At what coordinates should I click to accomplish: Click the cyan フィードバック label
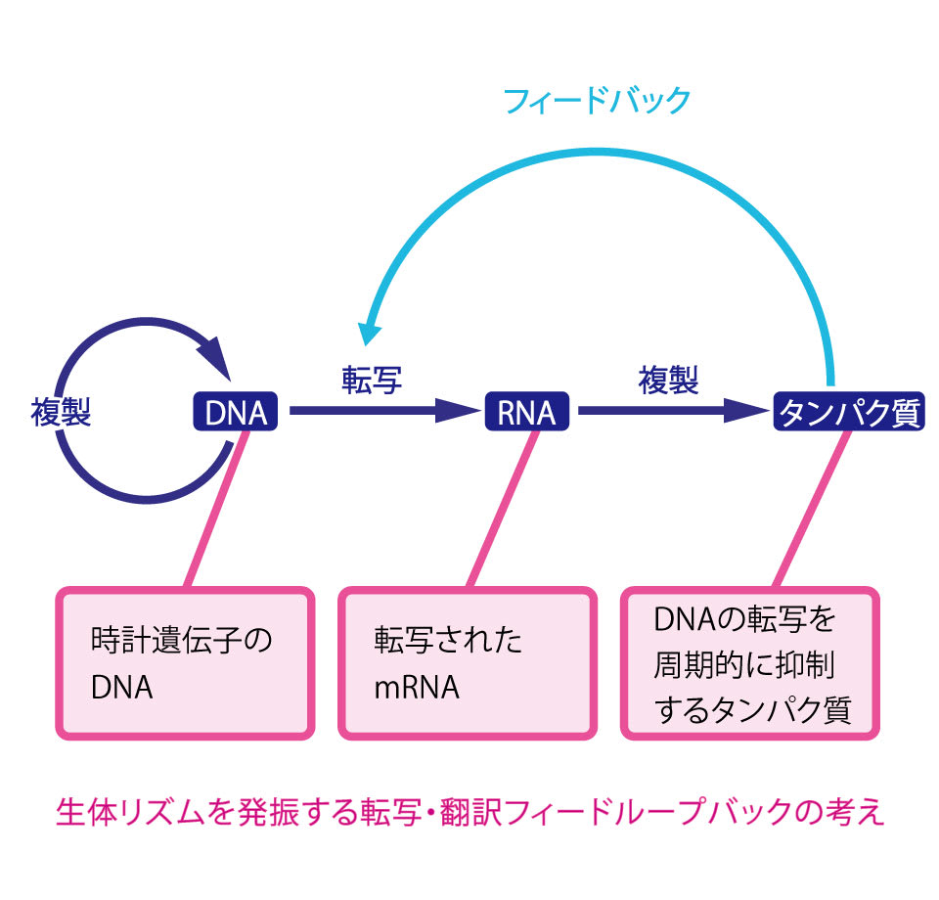596,101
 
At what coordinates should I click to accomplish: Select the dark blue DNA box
235,413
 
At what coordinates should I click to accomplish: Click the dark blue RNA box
526,413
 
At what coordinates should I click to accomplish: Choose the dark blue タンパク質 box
848,413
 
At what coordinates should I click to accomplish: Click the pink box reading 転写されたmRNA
468,662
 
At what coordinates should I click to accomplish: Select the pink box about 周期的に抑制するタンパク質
750,662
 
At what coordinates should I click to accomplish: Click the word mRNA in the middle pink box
417,688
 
